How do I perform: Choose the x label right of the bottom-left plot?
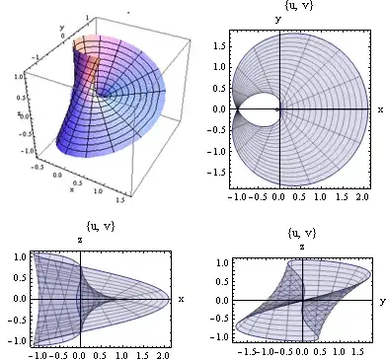pos(182,298)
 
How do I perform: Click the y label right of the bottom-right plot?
pos(380,300)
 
